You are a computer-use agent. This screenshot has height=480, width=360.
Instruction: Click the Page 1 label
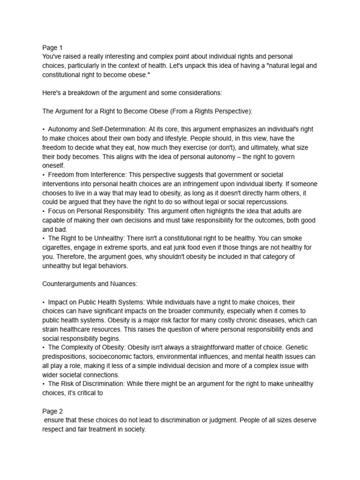click(x=52, y=48)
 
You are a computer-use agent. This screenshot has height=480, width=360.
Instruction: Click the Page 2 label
click(x=52, y=411)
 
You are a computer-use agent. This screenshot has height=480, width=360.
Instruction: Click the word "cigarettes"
click(x=58, y=247)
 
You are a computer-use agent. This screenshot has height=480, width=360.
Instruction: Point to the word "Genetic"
click(x=306, y=348)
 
